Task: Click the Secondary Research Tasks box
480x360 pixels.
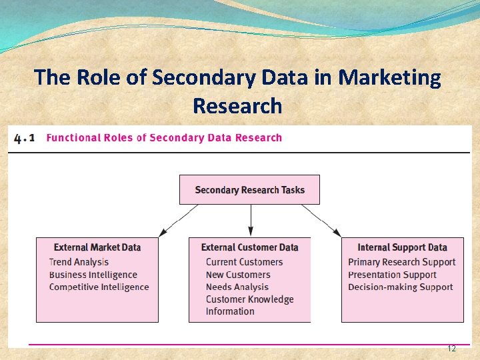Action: point(249,190)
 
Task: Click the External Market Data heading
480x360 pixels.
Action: point(97,247)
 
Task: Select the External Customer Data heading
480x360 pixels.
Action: point(250,247)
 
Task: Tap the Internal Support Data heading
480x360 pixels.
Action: point(402,247)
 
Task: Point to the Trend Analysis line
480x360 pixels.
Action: point(79,262)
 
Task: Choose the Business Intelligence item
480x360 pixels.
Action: point(93,275)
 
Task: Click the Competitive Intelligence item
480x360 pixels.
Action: point(99,287)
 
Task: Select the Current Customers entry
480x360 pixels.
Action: point(244,262)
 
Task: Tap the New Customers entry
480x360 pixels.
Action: point(238,275)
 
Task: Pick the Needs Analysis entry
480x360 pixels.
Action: point(237,287)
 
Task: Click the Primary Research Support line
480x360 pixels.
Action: point(401,262)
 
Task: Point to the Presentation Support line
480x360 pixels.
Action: point(392,275)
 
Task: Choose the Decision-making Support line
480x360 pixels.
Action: point(400,287)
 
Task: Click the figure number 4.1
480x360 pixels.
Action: point(24,138)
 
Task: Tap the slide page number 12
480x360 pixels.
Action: point(451,349)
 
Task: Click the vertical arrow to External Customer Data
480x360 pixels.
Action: point(251,220)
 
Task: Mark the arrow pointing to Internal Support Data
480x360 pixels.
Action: point(321,221)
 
